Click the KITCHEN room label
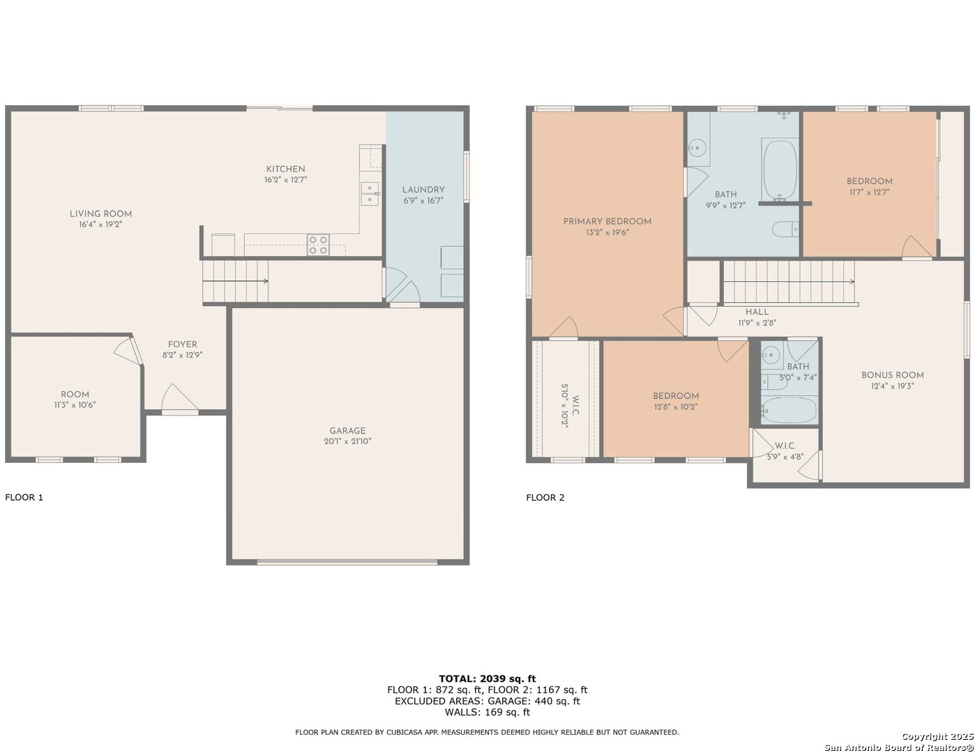tap(285, 169)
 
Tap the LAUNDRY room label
tap(423, 190)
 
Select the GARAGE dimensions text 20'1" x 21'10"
tap(347, 441)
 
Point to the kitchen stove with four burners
tap(317, 245)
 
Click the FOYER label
tap(182, 344)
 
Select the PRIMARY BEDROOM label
tap(607, 222)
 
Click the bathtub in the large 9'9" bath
tap(780, 169)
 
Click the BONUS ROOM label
tap(892, 375)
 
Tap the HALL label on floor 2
tap(757, 312)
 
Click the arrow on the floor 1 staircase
tap(236, 281)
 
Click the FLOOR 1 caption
tap(24, 497)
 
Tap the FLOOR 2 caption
tap(545, 497)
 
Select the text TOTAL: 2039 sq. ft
tap(487, 679)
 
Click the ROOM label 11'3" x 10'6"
tap(75, 395)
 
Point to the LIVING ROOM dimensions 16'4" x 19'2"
tap(100, 225)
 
